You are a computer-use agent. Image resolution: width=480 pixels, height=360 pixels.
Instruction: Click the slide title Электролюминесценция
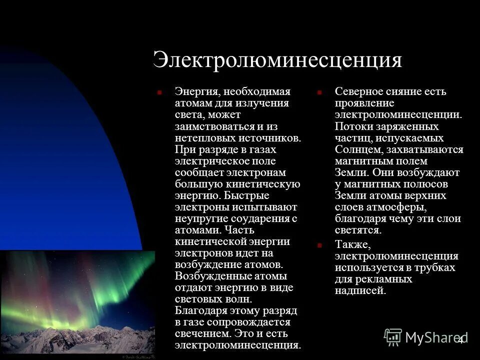(x=277, y=60)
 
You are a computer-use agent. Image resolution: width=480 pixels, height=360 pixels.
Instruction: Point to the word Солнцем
(x=357, y=149)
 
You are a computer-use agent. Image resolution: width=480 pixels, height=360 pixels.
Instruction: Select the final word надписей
(x=360, y=290)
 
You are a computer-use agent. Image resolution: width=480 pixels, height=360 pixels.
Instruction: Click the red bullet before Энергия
(x=159, y=92)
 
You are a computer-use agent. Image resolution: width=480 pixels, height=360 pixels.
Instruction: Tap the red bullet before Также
(x=319, y=245)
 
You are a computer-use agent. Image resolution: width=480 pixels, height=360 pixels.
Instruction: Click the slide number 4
(x=461, y=340)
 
